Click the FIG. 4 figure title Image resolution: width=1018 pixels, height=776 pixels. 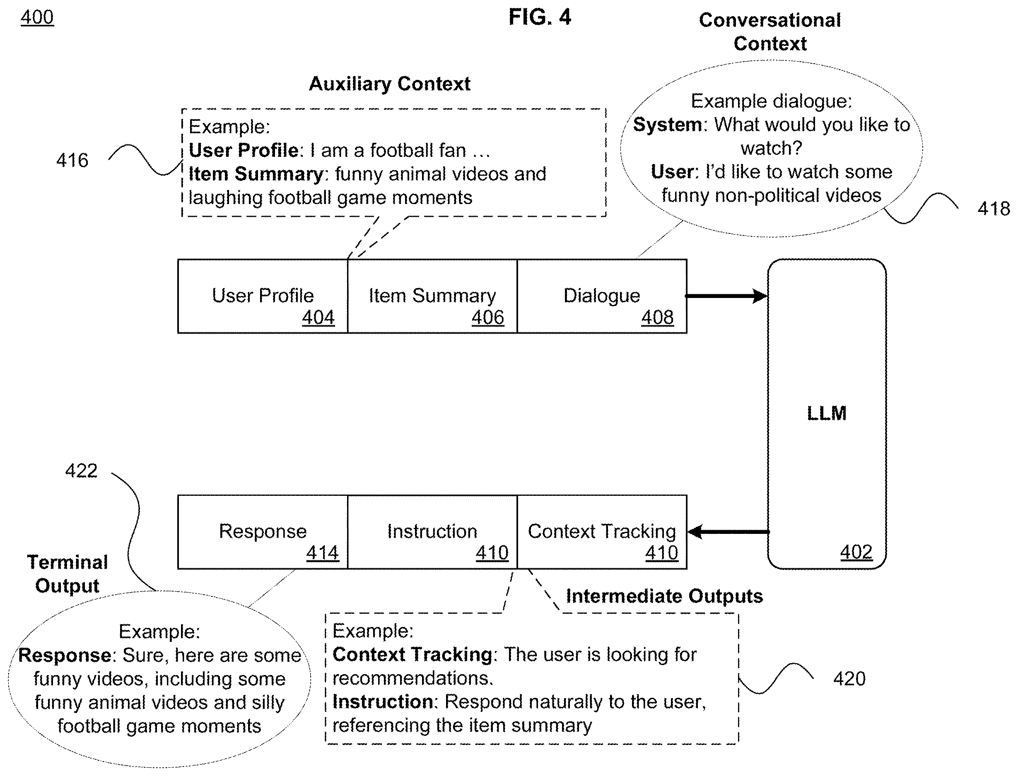(540, 17)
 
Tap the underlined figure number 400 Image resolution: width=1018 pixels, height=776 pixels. (37, 17)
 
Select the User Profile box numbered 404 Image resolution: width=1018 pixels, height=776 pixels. (263, 296)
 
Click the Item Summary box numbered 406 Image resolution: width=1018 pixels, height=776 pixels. (432, 296)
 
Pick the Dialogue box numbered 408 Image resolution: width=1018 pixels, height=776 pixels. (602, 296)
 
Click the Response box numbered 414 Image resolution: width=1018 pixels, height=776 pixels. (263, 532)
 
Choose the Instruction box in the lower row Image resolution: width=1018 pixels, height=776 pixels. (432, 532)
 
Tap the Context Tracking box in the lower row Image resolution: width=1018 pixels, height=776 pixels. (602, 532)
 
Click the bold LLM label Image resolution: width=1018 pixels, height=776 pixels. (827, 413)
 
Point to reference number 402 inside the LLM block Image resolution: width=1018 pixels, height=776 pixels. (856, 552)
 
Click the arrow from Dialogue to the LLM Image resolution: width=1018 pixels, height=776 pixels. (727, 296)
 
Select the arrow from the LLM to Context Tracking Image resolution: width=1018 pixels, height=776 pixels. (728, 532)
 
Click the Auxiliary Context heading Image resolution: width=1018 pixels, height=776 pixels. (390, 84)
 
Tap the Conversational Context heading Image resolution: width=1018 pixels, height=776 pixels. (770, 32)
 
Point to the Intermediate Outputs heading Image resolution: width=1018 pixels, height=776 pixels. (664, 596)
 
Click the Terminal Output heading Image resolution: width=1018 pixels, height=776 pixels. (68, 574)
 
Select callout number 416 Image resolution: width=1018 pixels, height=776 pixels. (72, 160)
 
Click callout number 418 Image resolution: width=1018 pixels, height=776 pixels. (994, 209)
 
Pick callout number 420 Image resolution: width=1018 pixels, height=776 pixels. (849, 679)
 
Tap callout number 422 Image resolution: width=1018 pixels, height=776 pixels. (81, 471)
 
